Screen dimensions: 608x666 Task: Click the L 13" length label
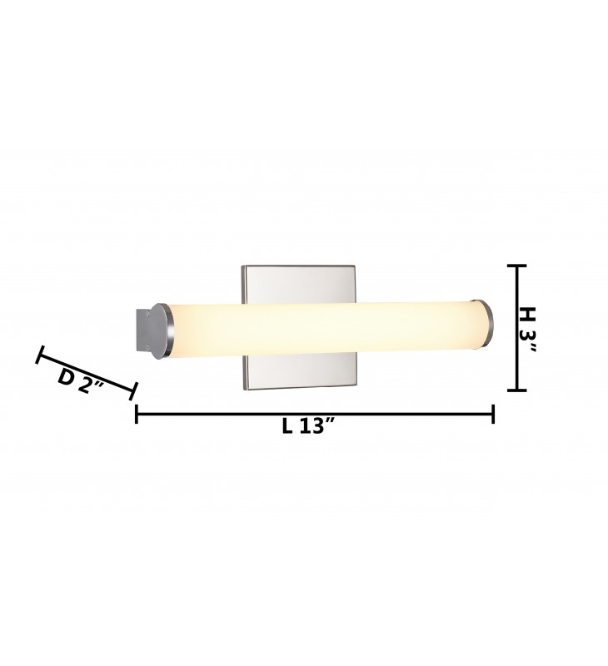308,426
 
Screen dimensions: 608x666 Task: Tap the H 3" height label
527,329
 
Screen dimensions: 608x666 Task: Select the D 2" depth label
81,381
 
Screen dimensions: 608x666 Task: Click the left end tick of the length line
136,414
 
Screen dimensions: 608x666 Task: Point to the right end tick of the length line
493,414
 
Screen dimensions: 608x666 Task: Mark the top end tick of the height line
517,266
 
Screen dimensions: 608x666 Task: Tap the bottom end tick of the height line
517,390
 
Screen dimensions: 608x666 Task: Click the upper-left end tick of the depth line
40,355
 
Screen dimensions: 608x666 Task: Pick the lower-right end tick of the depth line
132,390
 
